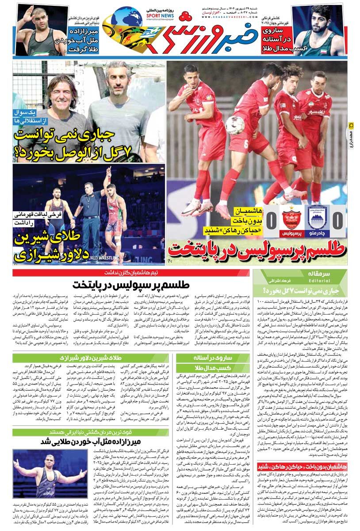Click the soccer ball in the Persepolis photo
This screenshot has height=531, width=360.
pyautogui.click(x=235, y=125)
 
